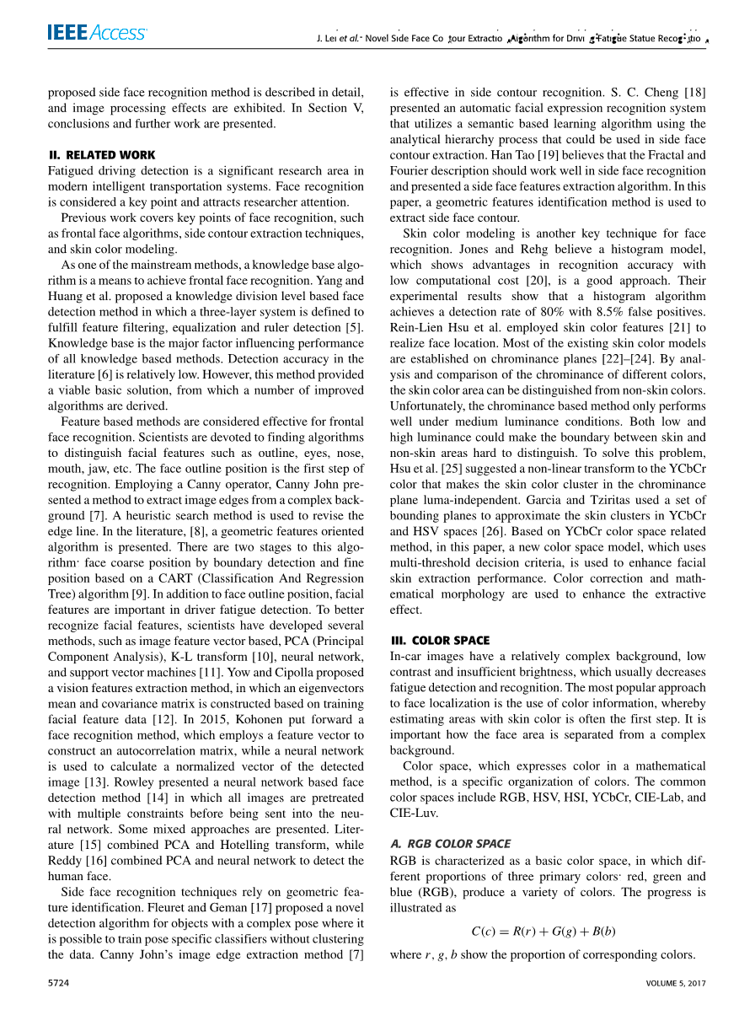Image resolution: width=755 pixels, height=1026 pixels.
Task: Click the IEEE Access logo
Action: coord(97,33)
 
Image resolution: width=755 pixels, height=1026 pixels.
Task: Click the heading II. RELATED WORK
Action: coord(102,155)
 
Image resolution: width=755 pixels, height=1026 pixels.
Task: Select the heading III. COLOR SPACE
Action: coord(439,641)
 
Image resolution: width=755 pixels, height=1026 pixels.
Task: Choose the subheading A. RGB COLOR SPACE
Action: coord(450,843)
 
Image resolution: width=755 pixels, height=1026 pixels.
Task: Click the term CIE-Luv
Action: coord(414,814)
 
